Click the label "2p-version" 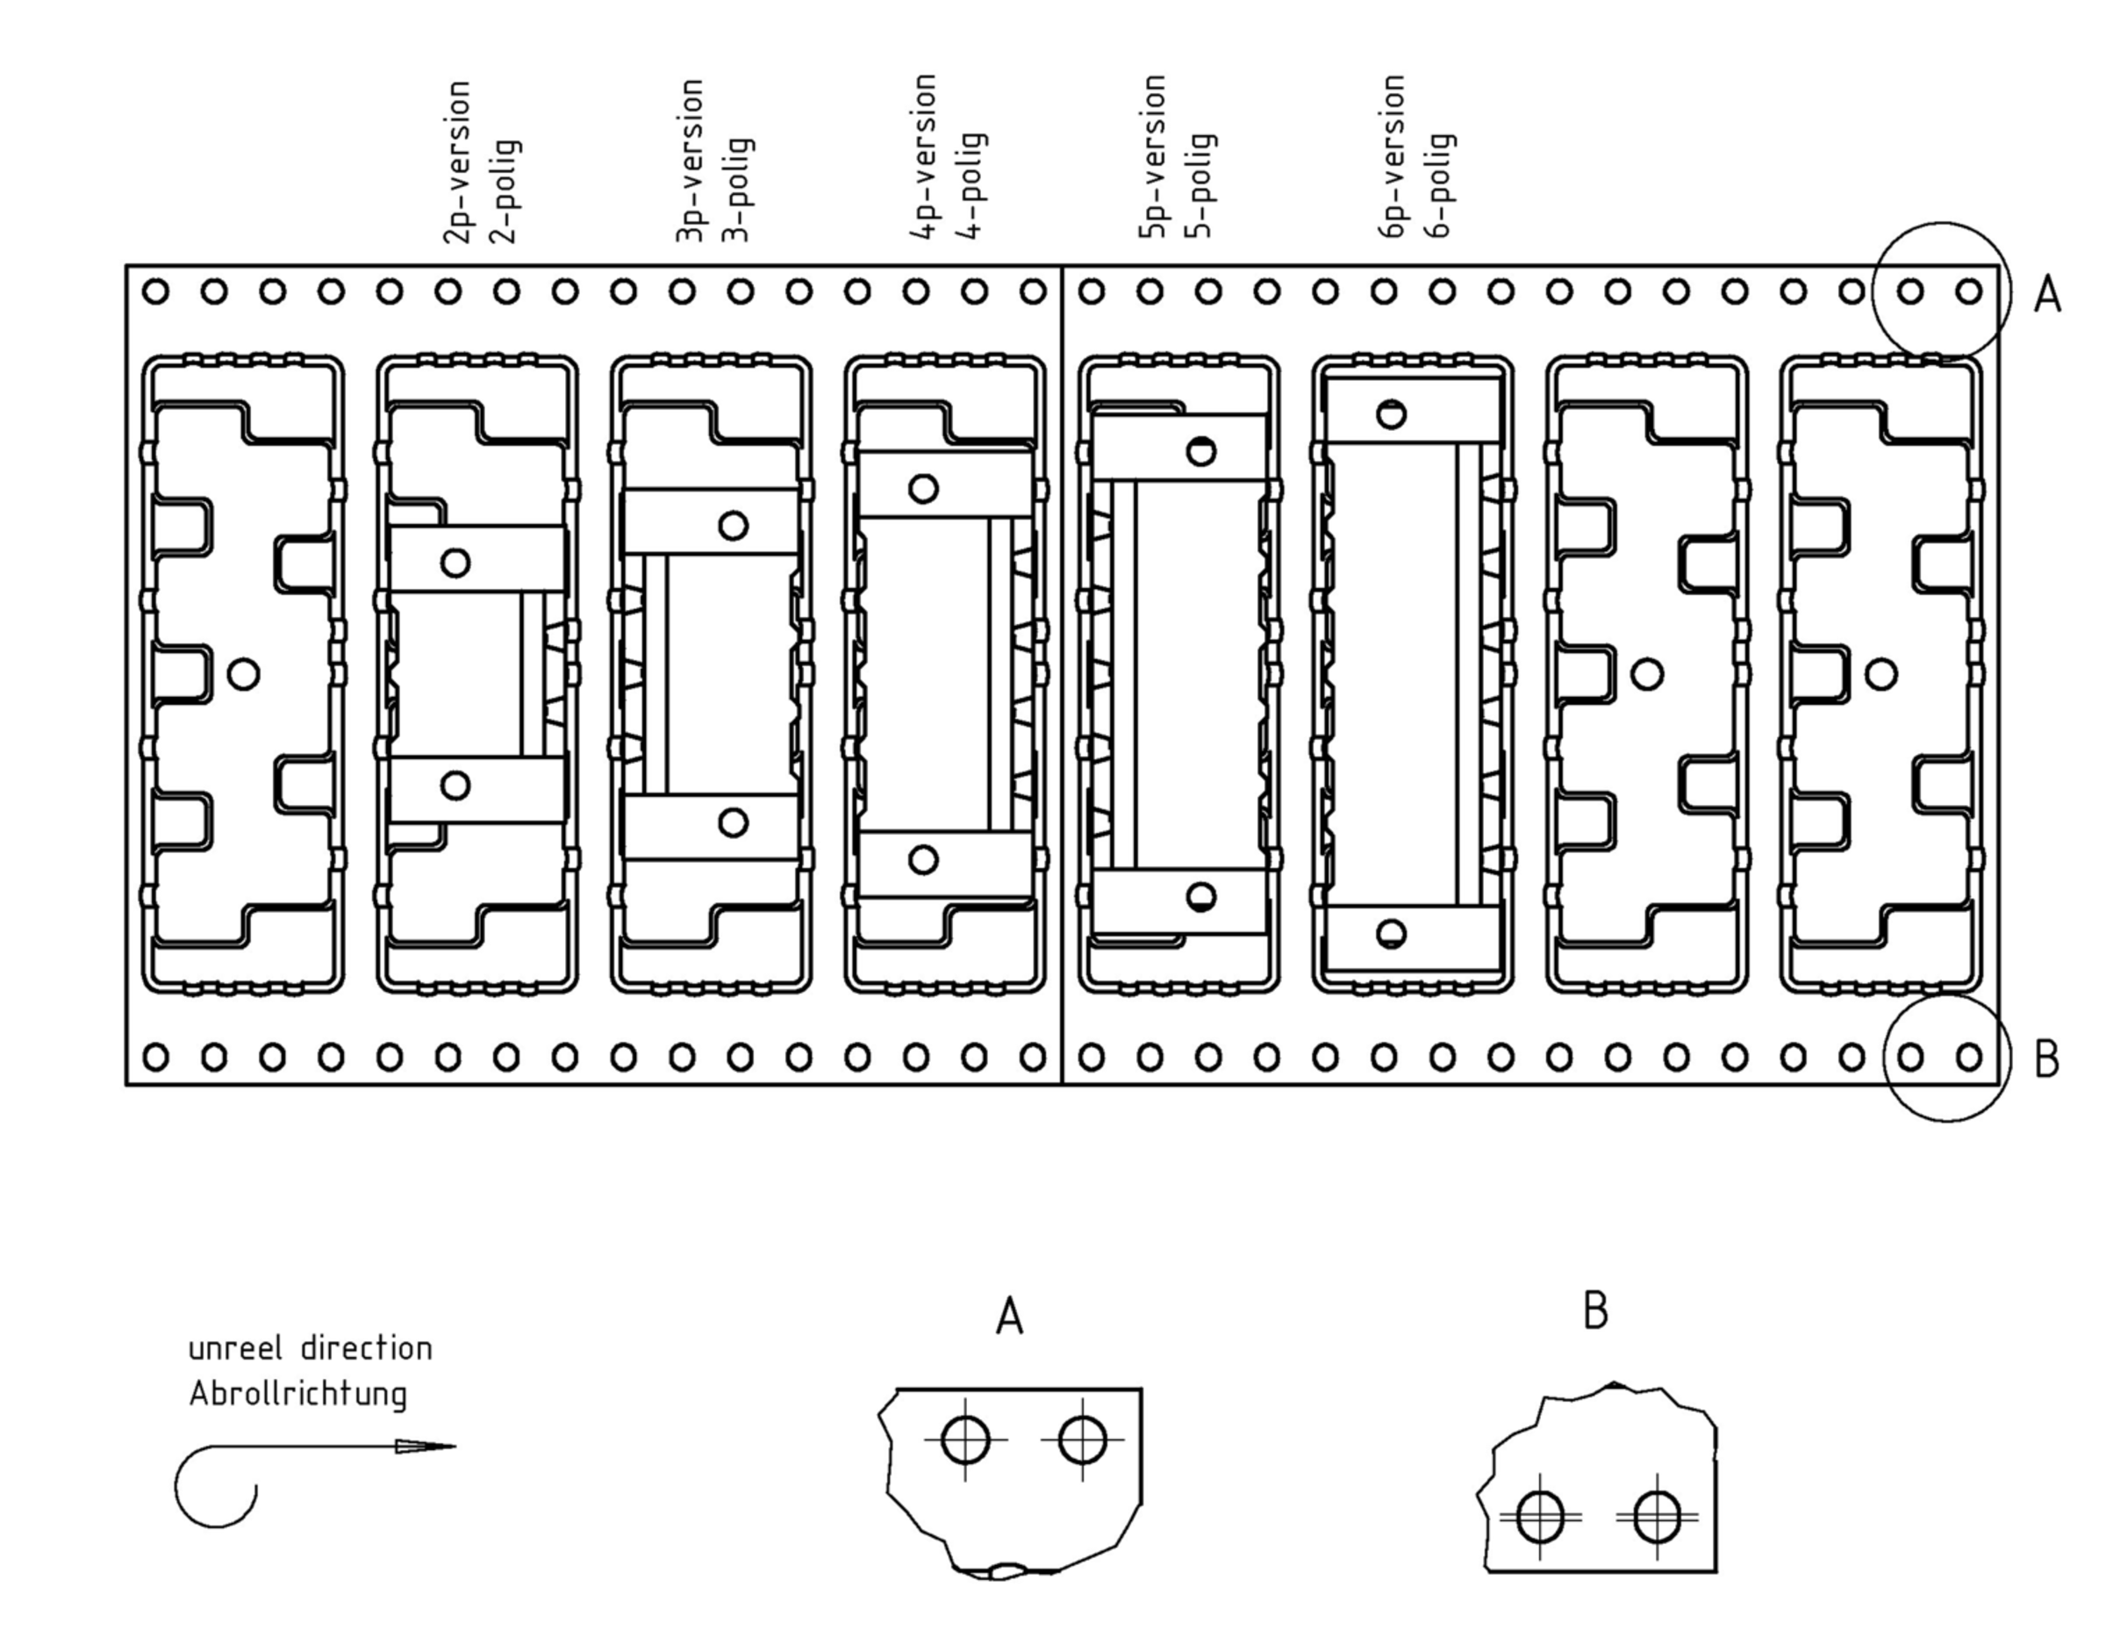[458, 162]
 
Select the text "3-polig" [739, 190]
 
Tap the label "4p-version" [924, 156]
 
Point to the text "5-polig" [1201, 185]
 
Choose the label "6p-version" [1393, 156]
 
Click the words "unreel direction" [310, 1348]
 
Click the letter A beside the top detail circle [2047, 294]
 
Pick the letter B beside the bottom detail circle [2046, 1059]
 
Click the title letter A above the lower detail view [1008, 1317]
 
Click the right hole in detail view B [1657, 1516]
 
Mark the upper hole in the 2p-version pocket [455, 563]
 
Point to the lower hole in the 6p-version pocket [1391, 934]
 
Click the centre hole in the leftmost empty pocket [243, 673]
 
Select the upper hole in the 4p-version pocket [923, 489]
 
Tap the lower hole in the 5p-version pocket [1200, 897]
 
